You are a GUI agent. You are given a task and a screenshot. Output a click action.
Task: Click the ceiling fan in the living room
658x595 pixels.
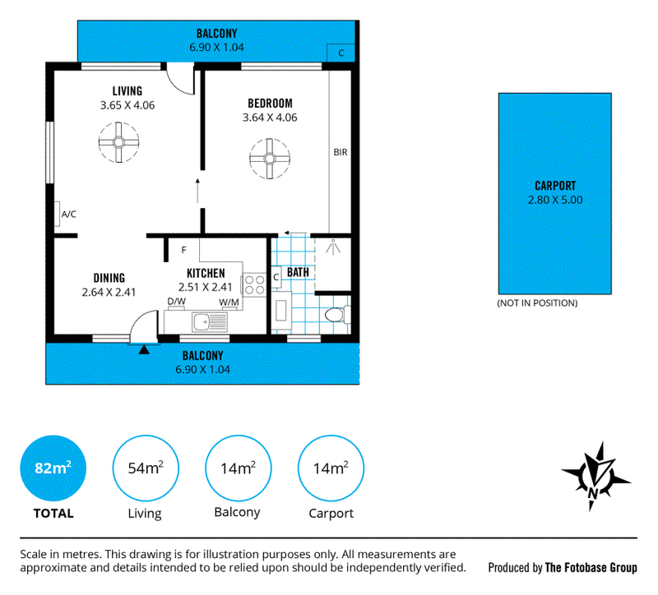[118, 142]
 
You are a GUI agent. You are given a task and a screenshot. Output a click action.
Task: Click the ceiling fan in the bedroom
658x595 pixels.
[270, 159]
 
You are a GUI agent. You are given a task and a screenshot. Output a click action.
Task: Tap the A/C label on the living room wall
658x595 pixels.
[69, 214]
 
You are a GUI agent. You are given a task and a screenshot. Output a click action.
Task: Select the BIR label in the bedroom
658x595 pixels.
[341, 152]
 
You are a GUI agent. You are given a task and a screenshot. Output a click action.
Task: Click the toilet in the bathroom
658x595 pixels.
[337, 316]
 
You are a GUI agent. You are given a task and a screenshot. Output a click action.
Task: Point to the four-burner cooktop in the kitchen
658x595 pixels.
[254, 284]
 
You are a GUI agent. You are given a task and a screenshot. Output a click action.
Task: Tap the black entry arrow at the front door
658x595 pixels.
[144, 349]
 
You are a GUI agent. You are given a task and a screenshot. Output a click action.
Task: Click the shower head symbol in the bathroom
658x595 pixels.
[333, 247]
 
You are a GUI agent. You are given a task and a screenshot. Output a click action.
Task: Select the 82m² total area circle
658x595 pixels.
[53, 468]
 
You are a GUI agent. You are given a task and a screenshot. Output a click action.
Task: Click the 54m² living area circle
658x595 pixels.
[146, 468]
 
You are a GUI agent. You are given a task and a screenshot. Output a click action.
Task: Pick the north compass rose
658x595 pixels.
[595, 477]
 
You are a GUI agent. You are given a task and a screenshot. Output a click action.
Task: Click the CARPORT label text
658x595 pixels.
[555, 186]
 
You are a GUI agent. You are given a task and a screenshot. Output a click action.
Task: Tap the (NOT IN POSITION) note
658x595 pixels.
[537, 303]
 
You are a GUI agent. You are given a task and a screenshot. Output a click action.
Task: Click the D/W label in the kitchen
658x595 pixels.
[176, 302]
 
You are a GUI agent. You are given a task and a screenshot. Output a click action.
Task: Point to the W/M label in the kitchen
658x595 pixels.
[229, 302]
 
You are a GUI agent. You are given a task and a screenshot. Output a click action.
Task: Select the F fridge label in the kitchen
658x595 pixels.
[183, 251]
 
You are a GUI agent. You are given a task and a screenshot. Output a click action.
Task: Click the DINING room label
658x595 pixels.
[109, 278]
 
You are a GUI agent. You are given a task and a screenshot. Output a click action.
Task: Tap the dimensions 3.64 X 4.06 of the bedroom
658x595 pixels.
[270, 118]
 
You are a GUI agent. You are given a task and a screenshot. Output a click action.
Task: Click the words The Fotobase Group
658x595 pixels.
[591, 568]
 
